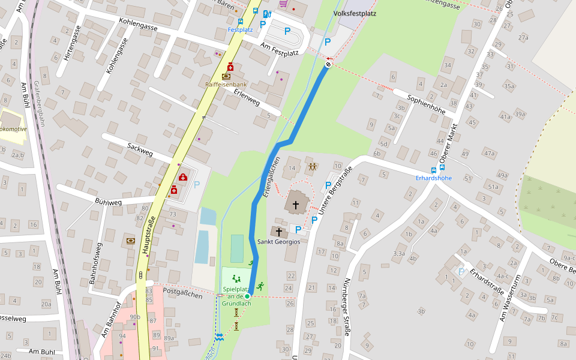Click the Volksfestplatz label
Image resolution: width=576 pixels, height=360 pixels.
pyautogui.click(x=355, y=13)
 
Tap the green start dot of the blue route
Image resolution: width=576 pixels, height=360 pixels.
pyautogui.click(x=247, y=296)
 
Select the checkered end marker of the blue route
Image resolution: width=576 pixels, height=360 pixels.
pyautogui.click(x=328, y=64)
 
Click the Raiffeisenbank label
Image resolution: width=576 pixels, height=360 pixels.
pyautogui.click(x=226, y=85)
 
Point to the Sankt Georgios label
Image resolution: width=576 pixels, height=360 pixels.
pyautogui.click(x=278, y=242)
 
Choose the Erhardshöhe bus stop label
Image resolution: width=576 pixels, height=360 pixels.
pyautogui.click(x=434, y=178)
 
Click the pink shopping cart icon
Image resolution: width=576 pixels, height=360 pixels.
pyautogui.click(x=283, y=4)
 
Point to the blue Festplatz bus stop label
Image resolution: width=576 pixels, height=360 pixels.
pyautogui.click(x=240, y=29)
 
